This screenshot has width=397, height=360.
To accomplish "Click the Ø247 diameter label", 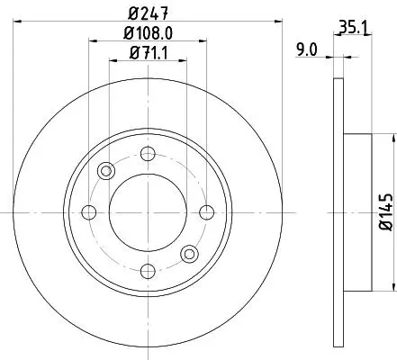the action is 148,13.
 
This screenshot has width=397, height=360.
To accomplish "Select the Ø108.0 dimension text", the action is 148,33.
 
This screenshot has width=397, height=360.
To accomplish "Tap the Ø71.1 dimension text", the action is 148,53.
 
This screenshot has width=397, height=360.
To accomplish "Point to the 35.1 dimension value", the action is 354,27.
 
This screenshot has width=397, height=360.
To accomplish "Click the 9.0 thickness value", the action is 306,49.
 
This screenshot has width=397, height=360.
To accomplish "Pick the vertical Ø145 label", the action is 385,212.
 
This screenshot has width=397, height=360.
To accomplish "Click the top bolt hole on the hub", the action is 148,154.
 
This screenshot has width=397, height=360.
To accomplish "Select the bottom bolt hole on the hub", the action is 148,272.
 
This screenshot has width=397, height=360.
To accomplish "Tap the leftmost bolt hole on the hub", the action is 89,212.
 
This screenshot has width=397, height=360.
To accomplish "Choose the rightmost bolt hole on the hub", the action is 207,212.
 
